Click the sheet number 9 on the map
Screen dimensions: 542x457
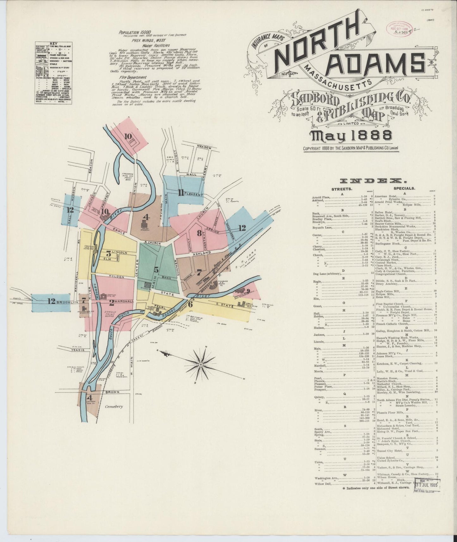pyautogui.click(x=248, y=291)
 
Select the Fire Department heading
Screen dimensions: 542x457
pyautogui.click(x=133, y=77)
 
